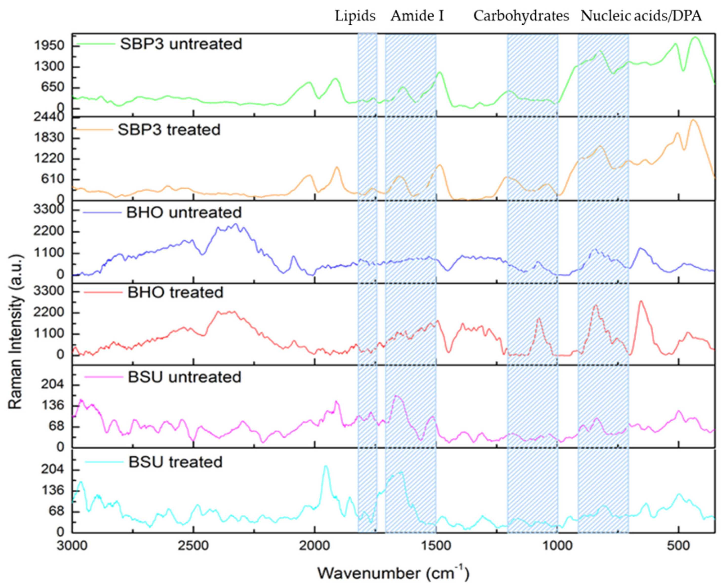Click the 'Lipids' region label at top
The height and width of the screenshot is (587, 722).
(355, 16)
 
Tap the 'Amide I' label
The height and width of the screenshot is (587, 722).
(417, 16)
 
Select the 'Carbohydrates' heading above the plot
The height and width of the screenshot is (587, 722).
(521, 16)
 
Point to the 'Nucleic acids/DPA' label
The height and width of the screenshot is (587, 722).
(641, 16)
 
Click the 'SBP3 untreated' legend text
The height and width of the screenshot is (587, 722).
(181, 44)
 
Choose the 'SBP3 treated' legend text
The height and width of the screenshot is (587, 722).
(169, 130)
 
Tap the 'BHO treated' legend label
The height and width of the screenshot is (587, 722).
(175, 293)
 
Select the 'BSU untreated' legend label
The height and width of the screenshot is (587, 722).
(184, 377)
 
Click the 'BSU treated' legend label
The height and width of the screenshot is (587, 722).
(175, 462)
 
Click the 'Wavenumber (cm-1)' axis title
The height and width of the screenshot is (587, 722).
(393, 573)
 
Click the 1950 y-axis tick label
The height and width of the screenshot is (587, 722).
(49, 46)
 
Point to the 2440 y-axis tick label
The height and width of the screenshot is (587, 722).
(49, 117)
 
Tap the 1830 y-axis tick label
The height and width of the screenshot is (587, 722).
(49, 138)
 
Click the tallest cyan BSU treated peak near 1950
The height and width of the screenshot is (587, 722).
(325, 467)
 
